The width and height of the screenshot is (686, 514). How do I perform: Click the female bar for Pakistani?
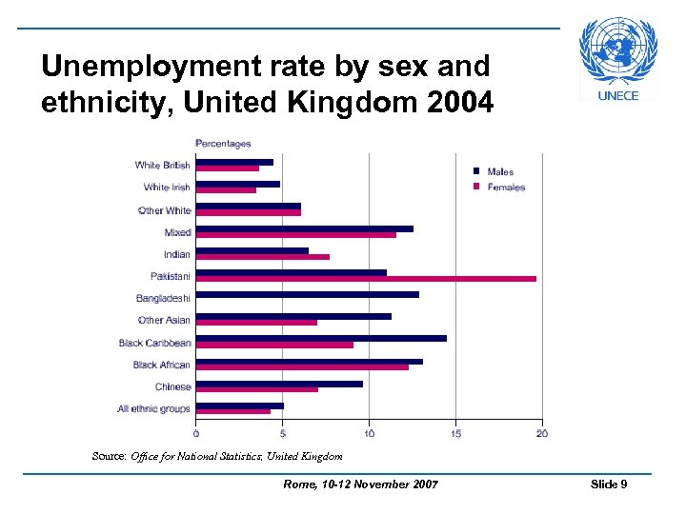point(367,279)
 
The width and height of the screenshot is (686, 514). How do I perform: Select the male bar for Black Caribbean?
point(321,338)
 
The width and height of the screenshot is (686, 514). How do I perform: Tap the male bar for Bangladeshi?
point(308,294)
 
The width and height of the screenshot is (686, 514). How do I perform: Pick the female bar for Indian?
point(263,257)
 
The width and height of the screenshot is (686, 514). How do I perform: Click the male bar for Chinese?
point(279,384)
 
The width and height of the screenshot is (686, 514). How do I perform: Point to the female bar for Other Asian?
point(257,323)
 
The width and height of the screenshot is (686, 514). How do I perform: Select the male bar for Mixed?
point(305,228)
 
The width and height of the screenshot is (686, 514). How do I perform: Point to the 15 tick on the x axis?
point(455,434)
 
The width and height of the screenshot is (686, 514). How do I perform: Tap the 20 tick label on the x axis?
point(541,434)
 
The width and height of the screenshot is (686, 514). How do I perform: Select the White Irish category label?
point(167,188)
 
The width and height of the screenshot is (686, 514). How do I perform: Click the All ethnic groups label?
point(153,409)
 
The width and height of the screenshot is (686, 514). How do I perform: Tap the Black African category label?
point(161,365)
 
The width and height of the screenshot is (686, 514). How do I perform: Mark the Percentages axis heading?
point(223,144)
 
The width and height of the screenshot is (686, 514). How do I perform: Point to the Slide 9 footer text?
point(609,484)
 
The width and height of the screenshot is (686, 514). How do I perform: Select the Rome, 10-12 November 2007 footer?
point(361,485)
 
